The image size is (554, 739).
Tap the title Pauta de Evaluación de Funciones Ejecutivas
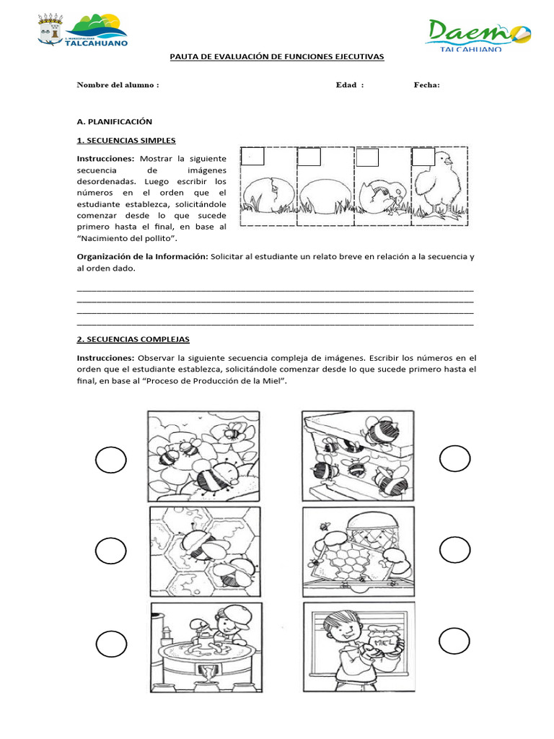277,57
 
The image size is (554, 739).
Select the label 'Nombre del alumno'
118,84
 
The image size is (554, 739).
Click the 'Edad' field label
350,84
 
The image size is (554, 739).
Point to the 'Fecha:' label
426,84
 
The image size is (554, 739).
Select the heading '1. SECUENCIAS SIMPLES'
126,140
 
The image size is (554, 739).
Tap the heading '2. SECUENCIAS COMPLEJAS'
133,339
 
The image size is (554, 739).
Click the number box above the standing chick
423,157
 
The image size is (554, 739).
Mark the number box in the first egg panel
253,157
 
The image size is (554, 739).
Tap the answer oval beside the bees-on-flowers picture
110,460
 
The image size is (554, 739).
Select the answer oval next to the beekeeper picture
454,551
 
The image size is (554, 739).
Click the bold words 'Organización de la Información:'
142,257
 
